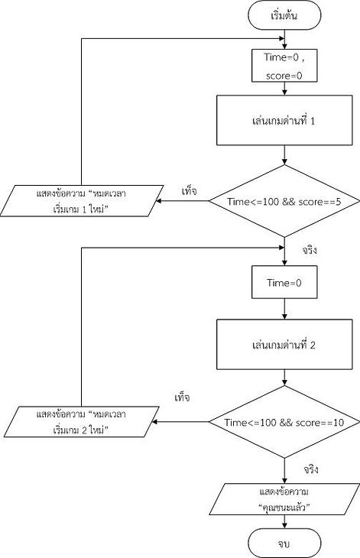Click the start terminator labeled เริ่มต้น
pos(284,15)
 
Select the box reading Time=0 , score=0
pos(284,66)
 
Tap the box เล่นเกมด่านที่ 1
pos(284,120)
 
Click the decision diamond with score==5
pos(284,201)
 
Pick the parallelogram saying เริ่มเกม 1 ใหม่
pos(82,201)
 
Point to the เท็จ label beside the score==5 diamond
pos(189,191)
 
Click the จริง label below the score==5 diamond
pos(310,251)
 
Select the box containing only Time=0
pos(284,282)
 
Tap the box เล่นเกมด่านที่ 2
pos(284,345)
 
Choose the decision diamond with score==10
pos(284,422)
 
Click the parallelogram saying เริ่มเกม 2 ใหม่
pos(82,422)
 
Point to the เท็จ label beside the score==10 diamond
pos(182,397)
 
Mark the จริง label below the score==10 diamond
pos(311,469)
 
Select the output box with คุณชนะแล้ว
pos(284,499)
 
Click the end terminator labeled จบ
pos(284,543)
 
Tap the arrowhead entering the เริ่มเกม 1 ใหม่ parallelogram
pos(159,201)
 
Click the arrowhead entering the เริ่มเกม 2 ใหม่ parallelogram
pos(154,422)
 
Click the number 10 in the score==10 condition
pos(339,423)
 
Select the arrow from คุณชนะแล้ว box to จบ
pos(284,522)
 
